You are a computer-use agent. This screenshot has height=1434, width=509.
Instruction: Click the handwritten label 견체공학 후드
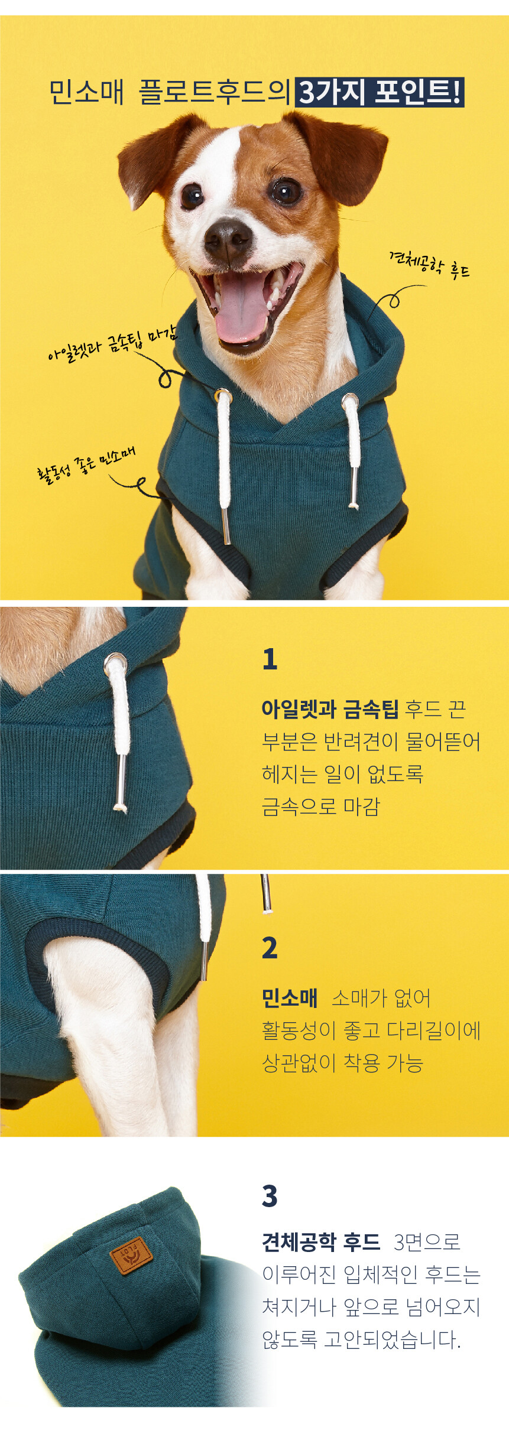(429, 265)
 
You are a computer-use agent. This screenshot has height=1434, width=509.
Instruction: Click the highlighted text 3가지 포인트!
(380, 92)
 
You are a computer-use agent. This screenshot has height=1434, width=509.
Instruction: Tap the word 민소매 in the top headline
(86, 92)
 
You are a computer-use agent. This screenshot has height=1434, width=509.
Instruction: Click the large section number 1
(270, 659)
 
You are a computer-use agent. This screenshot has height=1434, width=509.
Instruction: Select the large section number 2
(270, 948)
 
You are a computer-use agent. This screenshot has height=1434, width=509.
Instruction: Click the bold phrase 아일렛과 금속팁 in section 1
(330, 708)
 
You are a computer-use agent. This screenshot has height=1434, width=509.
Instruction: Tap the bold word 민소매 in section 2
(290, 998)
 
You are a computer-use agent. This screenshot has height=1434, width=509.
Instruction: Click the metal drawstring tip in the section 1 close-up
(121, 783)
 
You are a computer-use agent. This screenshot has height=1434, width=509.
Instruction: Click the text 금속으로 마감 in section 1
(321, 806)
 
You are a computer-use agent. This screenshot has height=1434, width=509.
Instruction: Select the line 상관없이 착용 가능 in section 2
(343, 1063)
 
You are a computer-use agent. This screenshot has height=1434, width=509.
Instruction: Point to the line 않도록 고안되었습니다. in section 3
(361, 1339)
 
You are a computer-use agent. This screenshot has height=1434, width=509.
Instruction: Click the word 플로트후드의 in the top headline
(215, 92)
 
